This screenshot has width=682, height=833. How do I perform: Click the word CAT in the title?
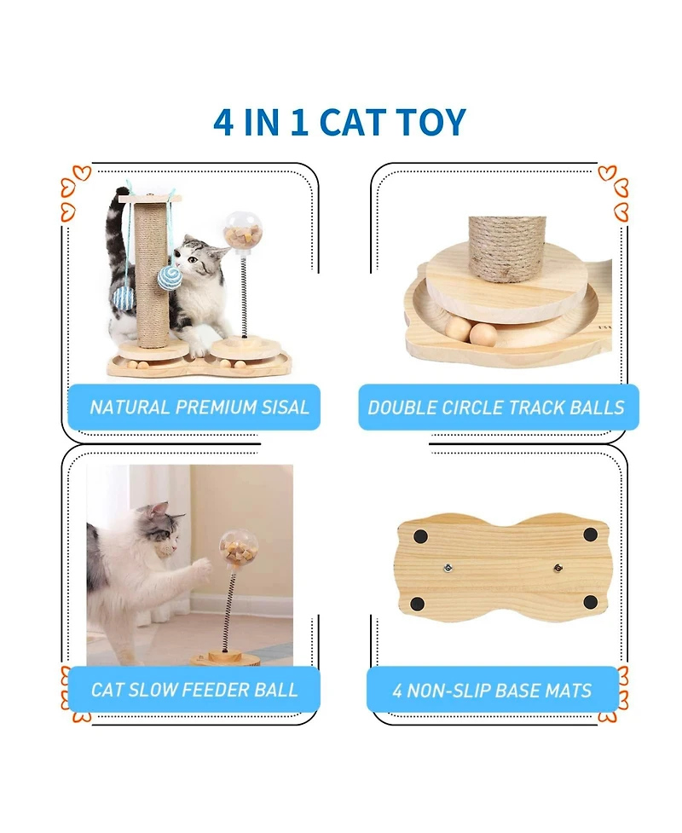356,122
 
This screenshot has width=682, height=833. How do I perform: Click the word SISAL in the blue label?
280,407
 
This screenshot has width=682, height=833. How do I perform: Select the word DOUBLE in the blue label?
404,408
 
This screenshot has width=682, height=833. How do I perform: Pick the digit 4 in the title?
223,122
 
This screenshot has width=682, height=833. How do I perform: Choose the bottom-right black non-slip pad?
590,602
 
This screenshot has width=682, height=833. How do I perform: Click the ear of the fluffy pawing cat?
158,511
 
